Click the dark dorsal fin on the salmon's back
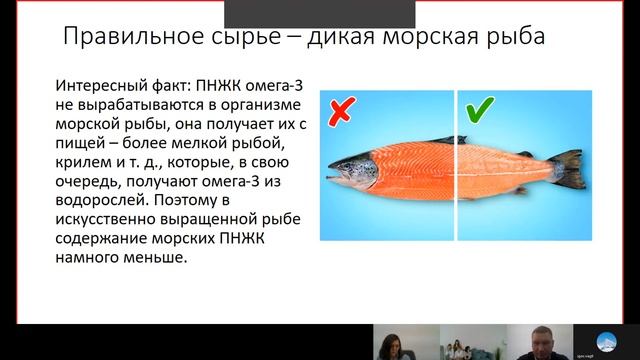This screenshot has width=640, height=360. (x=450, y=140)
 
